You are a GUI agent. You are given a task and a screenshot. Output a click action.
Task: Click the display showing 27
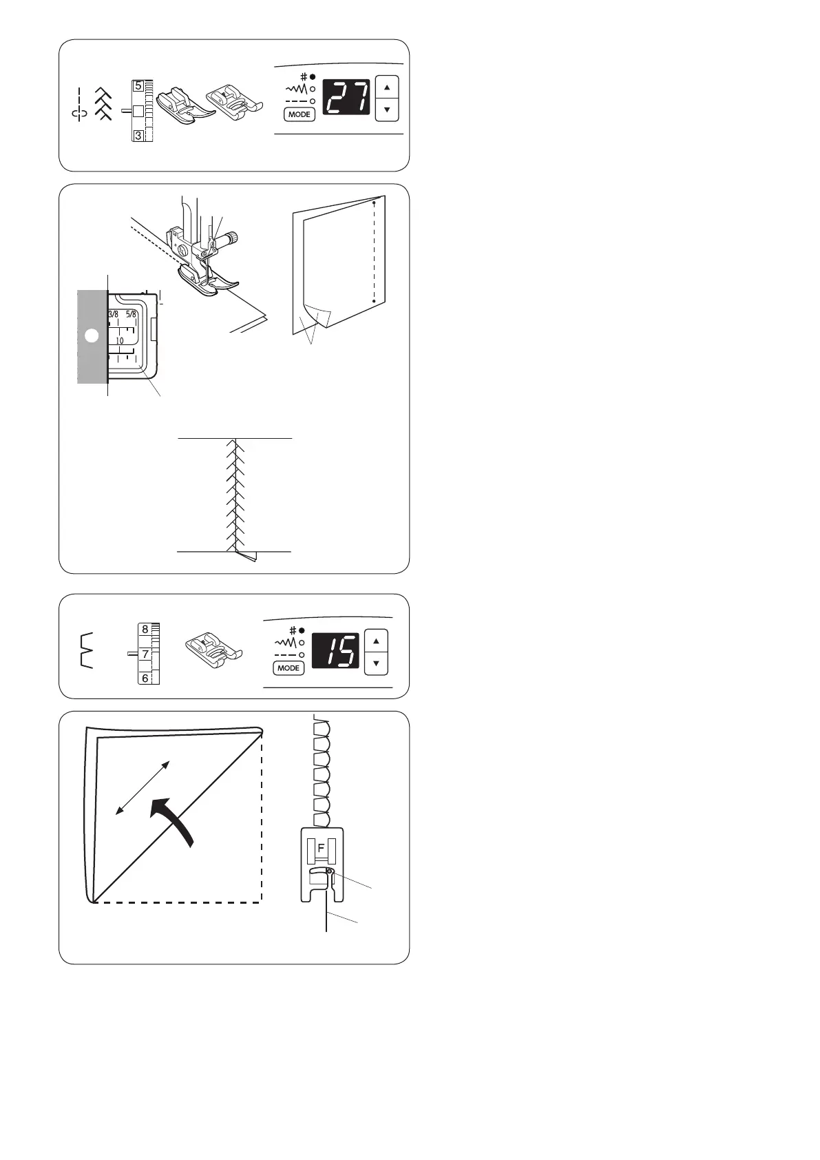pyautogui.click(x=346, y=97)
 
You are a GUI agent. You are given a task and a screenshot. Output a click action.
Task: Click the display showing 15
pyautogui.click(x=335, y=650)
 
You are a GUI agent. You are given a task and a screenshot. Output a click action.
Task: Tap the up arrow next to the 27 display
pyautogui.click(x=388, y=88)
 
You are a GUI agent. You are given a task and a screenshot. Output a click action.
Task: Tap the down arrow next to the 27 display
pyautogui.click(x=388, y=110)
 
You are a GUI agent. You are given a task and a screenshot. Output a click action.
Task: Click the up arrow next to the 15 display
pyautogui.click(x=376, y=641)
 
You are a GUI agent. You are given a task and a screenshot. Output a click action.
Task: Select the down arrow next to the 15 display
pyautogui.click(x=376, y=663)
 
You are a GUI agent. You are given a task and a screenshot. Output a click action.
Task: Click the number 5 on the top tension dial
pyautogui.click(x=138, y=87)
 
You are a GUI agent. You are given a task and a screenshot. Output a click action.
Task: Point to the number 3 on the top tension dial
pyautogui.click(x=138, y=136)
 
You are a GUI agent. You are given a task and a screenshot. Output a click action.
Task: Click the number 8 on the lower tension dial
pyautogui.click(x=145, y=629)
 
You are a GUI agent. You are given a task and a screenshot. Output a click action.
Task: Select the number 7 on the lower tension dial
pyautogui.click(x=145, y=654)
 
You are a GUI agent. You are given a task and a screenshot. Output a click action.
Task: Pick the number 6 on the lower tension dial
pyautogui.click(x=145, y=679)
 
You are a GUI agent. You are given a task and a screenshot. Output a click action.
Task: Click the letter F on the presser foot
pyautogui.click(x=321, y=849)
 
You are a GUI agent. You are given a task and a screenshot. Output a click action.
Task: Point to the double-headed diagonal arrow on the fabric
pyautogui.click(x=143, y=787)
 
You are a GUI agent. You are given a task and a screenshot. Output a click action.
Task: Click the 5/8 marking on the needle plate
pyautogui.click(x=132, y=315)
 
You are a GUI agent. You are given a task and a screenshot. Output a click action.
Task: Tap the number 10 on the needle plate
pyautogui.click(x=120, y=340)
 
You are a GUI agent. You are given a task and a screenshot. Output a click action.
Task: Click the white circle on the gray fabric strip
pyautogui.click(x=91, y=335)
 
